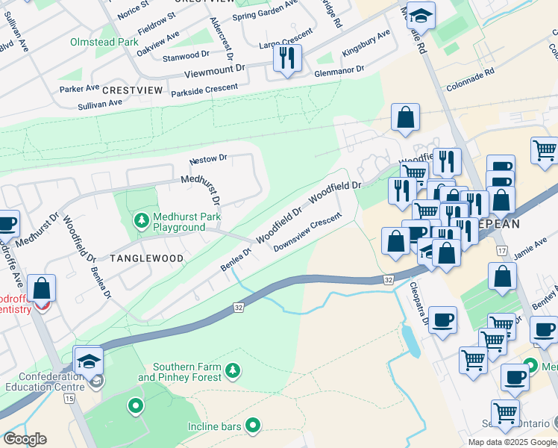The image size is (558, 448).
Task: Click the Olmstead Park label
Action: pyautogui.click(x=104, y=43)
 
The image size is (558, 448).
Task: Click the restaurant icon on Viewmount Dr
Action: pyautogui.click(x=287, y=58)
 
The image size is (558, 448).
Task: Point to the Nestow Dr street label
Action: pyautogui.click(x=208, y=159)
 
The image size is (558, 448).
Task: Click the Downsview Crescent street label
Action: pyautogui.click(x=307, y=233)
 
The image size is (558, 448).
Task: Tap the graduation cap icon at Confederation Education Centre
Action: pyautogui.click(x=89, y=360)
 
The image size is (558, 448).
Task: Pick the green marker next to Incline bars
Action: pyautogui.click(x=254, y=426)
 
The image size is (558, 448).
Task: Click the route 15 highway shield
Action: pyautogui.click(x=69, y=399)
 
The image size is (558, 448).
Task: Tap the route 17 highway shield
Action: pyautogui.click(x=501, y=251)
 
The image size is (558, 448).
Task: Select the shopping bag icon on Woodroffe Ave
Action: pyautogui.click(x=42, y=287)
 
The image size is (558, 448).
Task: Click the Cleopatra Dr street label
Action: pyautogui.click(x=418, y=305)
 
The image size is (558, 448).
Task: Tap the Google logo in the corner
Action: pyautogui.click(x=25, y=439)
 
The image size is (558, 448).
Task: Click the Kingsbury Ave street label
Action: pyautogui.click(x=366, y=44)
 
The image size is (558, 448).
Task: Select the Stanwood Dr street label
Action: pyautogui.click(x=186, y=55)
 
